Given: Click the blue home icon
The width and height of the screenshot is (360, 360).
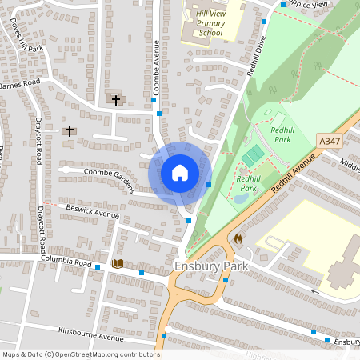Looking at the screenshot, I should click(180, 172).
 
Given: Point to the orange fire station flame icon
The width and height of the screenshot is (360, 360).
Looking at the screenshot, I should click(238, 238).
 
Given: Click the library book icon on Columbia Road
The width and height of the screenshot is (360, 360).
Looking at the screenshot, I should click(118, 263).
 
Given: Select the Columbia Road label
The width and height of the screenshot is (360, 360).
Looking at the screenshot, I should click(67, 261).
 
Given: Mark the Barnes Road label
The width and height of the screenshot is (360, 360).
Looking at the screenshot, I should click(19, 83).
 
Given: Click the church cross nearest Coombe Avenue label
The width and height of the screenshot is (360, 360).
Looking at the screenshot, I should click(117, 100).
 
